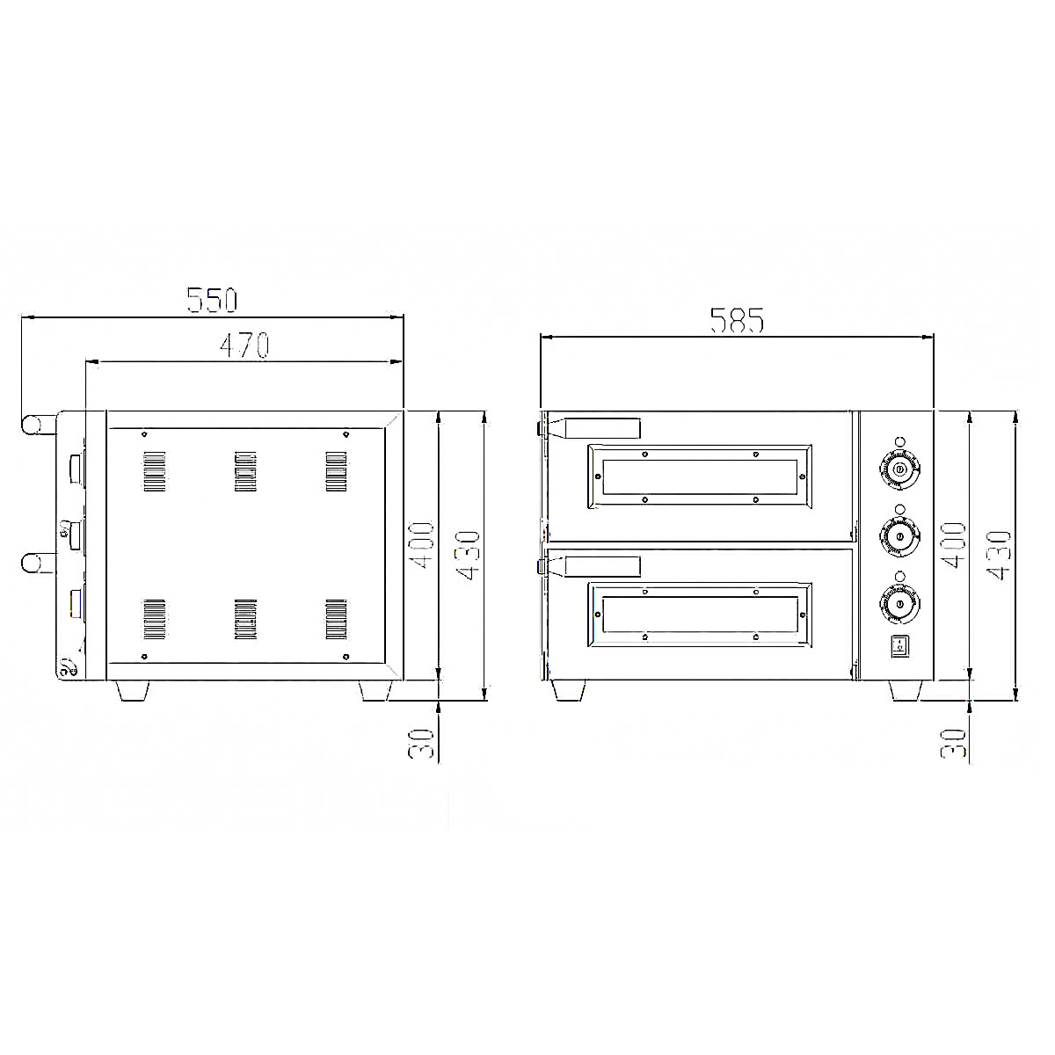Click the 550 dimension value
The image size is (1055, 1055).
tap(212, 300)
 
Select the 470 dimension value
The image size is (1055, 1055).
tap(244, 346)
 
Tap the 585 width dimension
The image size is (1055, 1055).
tap(737, 320)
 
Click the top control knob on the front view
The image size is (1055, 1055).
tap(899, 469)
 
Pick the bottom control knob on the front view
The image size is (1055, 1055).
tap(899, 604)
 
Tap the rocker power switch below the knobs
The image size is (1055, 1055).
tap(899, 646)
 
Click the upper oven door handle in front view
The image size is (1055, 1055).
tap(592, 428)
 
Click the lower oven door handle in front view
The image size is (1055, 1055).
tap(592, 566)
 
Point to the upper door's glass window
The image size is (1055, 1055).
tap(700, 477)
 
